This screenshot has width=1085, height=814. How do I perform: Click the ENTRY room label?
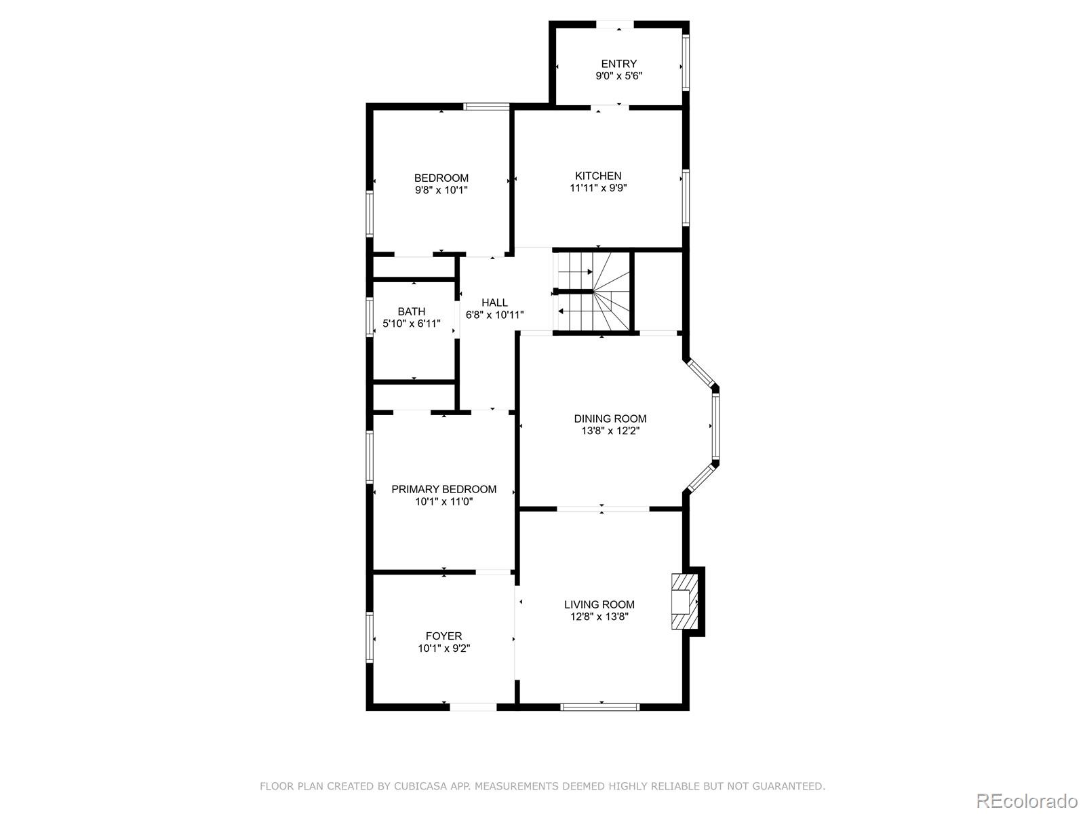pyautogui.click(x=618, y=64)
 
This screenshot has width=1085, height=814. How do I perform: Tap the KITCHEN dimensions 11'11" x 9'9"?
pyautogui.click(x=597, y=188)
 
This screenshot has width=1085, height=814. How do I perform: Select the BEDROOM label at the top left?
pyautogui.click(x=441, y=178)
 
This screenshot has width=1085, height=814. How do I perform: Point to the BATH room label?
pyautogui.click(x=412, y=312)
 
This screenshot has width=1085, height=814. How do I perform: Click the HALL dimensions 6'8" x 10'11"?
pyautogui.click(x=494, y=315)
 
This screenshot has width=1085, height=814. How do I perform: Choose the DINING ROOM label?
pyautogui.click(x=610, y=419)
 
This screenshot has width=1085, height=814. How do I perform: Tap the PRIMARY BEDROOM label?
pyautogui.click(x=443, y=489)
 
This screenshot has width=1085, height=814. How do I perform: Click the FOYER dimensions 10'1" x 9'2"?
pyautogui.click(x=443, y=648)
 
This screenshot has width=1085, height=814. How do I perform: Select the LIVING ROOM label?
pyautogui.click(x=599, y=604)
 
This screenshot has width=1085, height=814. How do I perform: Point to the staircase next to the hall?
pyautogui.click(x=592, y=292)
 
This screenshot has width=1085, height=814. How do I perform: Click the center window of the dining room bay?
pyautogui.click(x=715, y=426)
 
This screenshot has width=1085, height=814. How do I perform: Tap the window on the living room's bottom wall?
pyautogui.click(x=600, y=707)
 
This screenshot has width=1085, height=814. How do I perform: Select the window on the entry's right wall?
pyautogui.click(x=686, y=62)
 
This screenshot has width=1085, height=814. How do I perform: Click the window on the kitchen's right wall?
pyautogui.click(x=686, y=197)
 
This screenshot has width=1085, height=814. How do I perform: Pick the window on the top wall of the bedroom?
pyautogui.click(x=486, y=106)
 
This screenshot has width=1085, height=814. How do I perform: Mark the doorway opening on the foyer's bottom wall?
pyautogui.click(x=473, y=707)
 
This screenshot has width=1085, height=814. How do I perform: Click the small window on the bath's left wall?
pyautogui.click(x=370, y=317)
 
